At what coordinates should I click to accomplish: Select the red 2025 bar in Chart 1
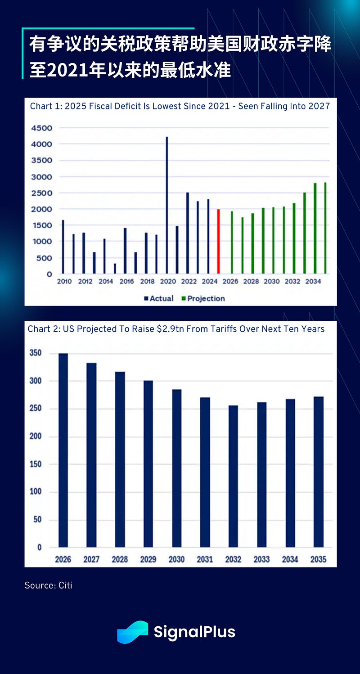click(219, 241)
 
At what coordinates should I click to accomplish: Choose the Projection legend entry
click(203, 298)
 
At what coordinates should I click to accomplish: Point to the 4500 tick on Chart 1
click(42, 128)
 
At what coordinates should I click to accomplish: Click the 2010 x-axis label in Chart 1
click(64, 282)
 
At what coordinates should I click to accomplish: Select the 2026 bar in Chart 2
click(63, 450)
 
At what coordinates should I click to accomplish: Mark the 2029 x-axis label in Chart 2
click(148, 559)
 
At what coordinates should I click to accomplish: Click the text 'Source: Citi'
click(48, 585)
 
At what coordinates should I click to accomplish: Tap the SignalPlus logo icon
click(132, 632)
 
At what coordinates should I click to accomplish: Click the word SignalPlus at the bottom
click(194, 632)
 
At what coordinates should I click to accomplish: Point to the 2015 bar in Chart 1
click(115, 269)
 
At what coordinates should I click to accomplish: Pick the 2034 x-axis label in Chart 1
click(314, 282)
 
